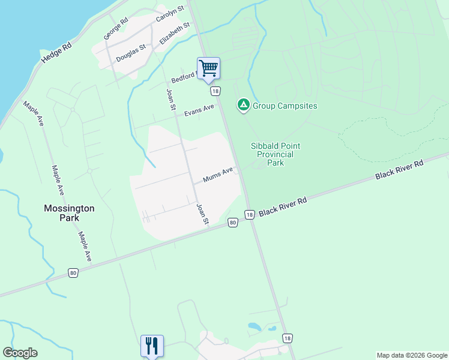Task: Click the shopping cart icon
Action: [208, 68]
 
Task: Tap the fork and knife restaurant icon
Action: [152, 346]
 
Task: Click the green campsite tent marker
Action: [243, 106]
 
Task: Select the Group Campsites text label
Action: [285, 106]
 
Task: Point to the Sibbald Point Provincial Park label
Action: [275, 154]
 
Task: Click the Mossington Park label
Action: [69, 213]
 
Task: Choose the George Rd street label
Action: [116, 29]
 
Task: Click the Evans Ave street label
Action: [199, 111]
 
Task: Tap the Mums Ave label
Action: [217, 175]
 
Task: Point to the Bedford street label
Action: [183, 77]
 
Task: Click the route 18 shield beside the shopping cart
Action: [215, 91]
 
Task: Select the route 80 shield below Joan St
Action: [233, 223]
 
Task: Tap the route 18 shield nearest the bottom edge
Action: [288, 338]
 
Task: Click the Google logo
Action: [20, 353]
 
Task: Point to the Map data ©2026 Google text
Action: [412, 355]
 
